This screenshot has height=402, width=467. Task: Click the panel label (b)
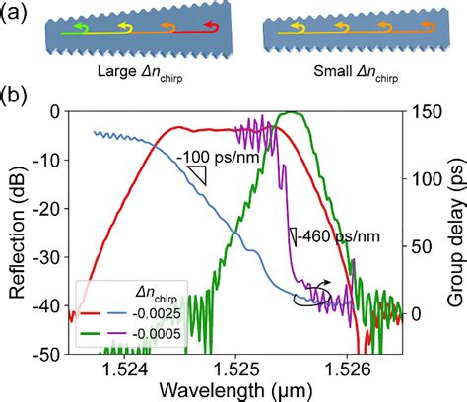[16, 100]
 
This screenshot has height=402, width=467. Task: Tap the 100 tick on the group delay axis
[424, 179]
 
